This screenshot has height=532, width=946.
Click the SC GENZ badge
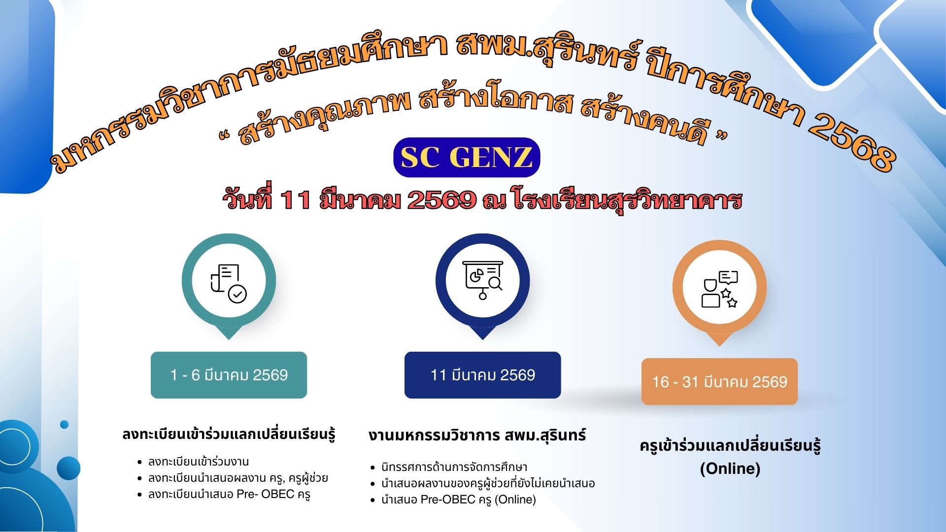(x=467, y=157)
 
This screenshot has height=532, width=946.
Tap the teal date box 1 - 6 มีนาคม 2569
(x=229, y=375)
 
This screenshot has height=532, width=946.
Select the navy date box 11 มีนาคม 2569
(x=482, y=375)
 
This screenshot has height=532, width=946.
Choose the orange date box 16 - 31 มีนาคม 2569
(x=719, y=382)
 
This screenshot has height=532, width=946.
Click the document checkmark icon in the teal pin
(x=229, y=283)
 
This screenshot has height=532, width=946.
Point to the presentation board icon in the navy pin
(x=483, y=280)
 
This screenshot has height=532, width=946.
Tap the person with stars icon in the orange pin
(x=720, y=289)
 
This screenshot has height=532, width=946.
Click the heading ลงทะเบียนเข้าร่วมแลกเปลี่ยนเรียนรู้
(x=229, y=434)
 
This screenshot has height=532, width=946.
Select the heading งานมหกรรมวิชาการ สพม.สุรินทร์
(x=477, y=435)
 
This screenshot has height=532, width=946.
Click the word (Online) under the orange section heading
(x=730, y=468)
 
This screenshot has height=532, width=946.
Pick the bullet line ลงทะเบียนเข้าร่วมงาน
(x=199, y=462)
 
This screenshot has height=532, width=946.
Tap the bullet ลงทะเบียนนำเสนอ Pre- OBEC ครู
(x=229, y=494)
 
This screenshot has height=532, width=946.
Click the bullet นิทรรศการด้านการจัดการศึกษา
(x=454, y=467)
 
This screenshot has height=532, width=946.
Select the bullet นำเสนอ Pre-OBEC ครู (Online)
(x=459, y=499)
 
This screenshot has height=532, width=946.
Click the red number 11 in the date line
(x=295, y=200)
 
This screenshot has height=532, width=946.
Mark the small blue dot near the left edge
(x=64, y=424)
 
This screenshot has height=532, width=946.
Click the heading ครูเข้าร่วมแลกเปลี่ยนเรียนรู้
(x=730, y=446)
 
